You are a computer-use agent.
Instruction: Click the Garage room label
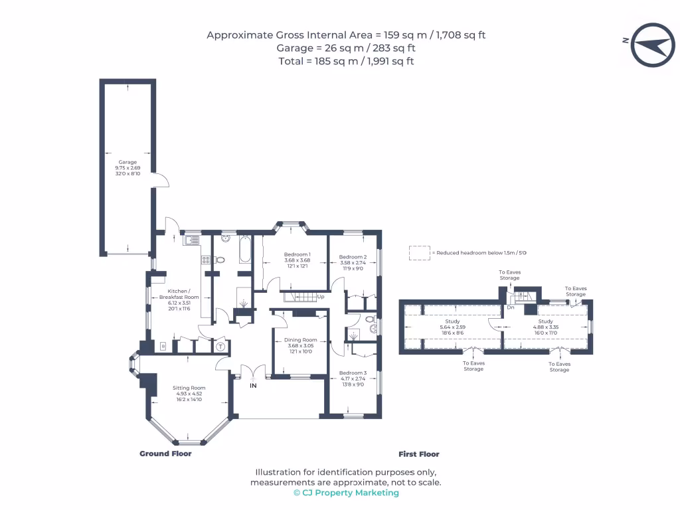pos(127,162)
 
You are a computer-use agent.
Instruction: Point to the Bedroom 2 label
pos(353,257)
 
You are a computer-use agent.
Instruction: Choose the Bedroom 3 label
pos(353,373)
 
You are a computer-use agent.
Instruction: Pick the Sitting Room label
pos(189,388)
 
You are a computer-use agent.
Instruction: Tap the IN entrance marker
pos(253,385)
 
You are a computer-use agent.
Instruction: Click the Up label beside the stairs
pos(320,296)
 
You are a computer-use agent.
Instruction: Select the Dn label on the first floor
pos(510,307)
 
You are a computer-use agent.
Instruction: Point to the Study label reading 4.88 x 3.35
pos(545,321)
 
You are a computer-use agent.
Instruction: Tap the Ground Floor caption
pos(165,454)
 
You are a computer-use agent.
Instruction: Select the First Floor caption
pos(418,454)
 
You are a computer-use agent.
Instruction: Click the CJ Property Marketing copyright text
pos(346,493)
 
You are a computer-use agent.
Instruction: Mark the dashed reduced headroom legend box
pos(418,253)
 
